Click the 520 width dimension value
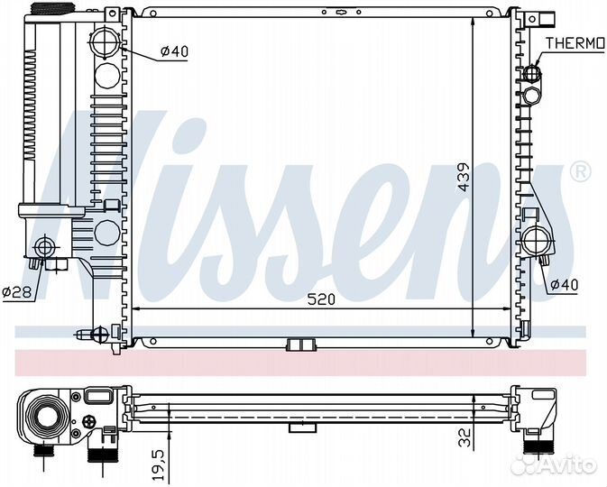(x=321, y=299)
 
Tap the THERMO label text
(x=575, y=43)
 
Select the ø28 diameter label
(x=16, y=291)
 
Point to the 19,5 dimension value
(x=158, y=464)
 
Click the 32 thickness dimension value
(x=464, y=437)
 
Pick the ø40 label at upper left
(x=174, y=51)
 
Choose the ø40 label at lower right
(x=564, y=285)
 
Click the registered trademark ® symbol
(x=580, y=171)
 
